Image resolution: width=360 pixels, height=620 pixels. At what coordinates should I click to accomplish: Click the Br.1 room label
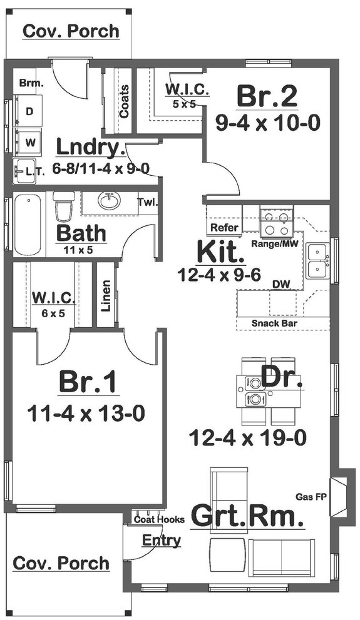pyautogui.click(x=88, y=382)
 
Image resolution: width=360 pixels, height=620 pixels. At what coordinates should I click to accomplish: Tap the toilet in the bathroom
pyautogui.click(x=64, y=205)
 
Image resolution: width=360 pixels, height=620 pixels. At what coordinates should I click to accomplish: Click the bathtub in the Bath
pyautogui.click(x=28, y=225)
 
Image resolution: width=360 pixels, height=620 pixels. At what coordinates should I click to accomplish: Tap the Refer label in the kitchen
pyautogui.click(x=224, y=228)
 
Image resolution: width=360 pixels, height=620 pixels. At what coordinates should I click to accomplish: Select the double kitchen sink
pyautogui.click(x=318, y=260)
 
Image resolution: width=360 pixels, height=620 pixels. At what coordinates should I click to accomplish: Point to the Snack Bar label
pyautogui.click(x=274, y=323)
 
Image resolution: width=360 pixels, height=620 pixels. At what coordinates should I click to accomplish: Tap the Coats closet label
pyautogui.click(x=124, y=101)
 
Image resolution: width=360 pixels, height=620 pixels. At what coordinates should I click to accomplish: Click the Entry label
pyautogui.click(x=162, y=540)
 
